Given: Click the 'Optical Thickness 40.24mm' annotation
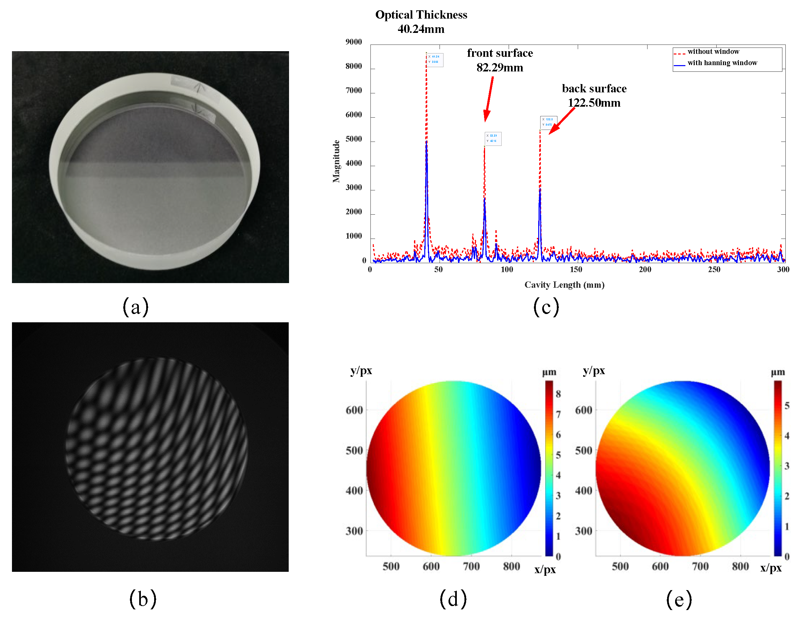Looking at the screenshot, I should pos(421,22).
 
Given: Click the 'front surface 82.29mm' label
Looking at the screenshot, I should pos(500,60).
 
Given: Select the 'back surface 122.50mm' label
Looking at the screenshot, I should pos(594,96).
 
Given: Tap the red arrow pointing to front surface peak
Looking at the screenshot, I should pos(489,99).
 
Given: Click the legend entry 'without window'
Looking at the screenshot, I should pos(713,52).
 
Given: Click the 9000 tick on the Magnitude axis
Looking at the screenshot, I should pos(353,42).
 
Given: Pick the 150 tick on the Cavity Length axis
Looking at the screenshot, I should pos(576,269).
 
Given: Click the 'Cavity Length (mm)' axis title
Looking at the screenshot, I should pos(564,285).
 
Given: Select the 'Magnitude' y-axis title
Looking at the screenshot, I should pos(336,161).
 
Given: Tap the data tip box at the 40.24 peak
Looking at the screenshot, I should pos(435,60).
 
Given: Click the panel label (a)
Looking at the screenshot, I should pos(135,307).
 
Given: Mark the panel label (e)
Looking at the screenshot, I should pos(679,599).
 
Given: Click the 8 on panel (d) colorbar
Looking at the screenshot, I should pos(558,394).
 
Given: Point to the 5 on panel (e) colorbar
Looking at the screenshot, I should pos(787,406).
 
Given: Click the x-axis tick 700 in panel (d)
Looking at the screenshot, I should pos(471,567).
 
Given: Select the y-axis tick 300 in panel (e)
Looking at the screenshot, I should pos(583,531).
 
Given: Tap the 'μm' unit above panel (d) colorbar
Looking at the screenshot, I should pos(549,372).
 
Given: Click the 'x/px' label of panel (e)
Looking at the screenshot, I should pos(771,569).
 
